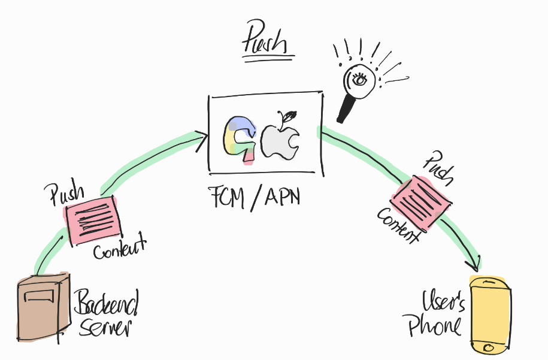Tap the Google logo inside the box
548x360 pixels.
coord(240,139)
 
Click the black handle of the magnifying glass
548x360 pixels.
coord(346,109)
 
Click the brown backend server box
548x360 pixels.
coord(43,305)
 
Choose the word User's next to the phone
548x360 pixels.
coord(444,301)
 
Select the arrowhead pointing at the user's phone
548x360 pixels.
coord(476,264)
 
